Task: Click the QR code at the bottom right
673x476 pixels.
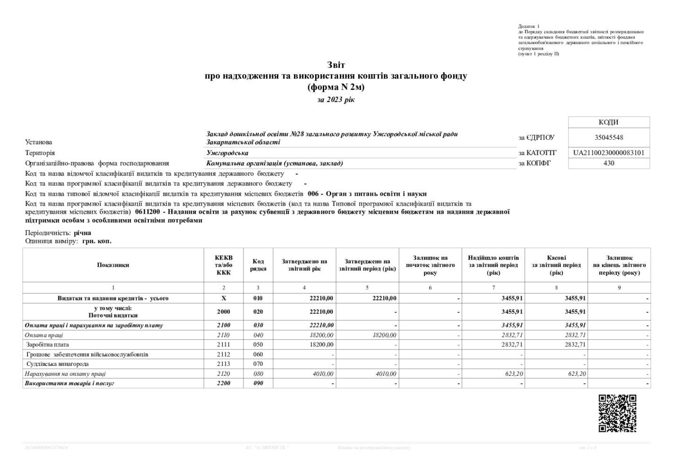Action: pyautogui.click(x=617, y=413)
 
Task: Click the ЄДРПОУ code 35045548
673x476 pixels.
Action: pyautogui.click(x=609, y=138)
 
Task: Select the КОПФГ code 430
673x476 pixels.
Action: pyautogui.click(x=609, y=164)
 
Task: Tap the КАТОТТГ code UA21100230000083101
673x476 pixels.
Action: pyautogui.click(x=609, y=153)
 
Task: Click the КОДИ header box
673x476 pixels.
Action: pyautogui.click(x=609, y=122)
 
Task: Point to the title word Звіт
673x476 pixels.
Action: pyautogui.click(x=336, y=65)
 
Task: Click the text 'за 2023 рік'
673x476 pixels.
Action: pyautogui.click(x=336, y=100)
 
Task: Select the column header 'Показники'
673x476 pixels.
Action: pyautogui.click(x=113, y=265)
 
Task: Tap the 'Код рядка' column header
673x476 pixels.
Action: pyautogui.click(x=258, y=265)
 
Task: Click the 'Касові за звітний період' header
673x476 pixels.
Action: pyautogui.click(x=556, y=265)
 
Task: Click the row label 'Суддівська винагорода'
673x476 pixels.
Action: pyautogui.click(x=58, y=364)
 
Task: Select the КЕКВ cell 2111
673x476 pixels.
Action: pyautogui.click(x=224, y=345)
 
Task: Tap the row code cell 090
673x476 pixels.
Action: pyautogui.click(x=258, y=383)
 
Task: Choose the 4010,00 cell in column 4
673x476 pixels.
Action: pyautogui.click(x=323, y=374)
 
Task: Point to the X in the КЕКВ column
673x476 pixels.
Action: pyautogui.click(x=224, y=299)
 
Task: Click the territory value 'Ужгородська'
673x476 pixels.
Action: pyautogui.click(x=227, y=153)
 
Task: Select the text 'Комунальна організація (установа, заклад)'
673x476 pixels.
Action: pyautogui.click(x=275, y=164)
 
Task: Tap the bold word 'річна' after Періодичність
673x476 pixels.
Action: pyautogui.click(x=83, y=233)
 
